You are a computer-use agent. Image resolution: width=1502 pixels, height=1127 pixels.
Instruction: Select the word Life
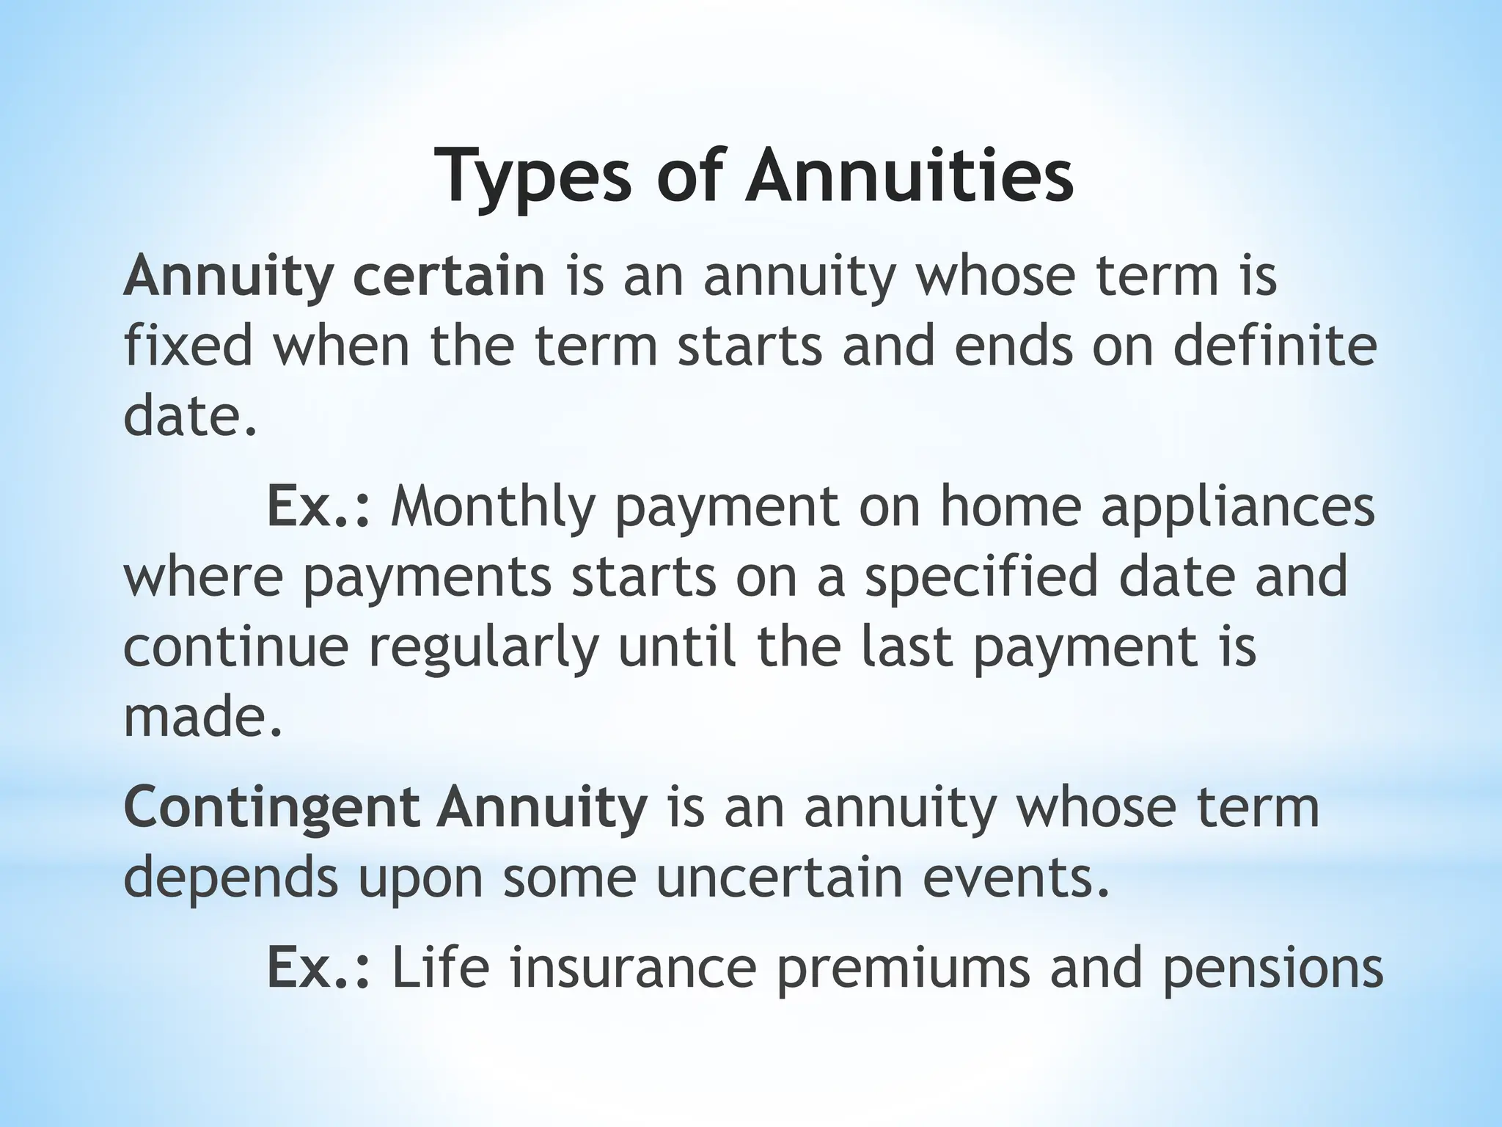pyautogui.click(x=439, y=967)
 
